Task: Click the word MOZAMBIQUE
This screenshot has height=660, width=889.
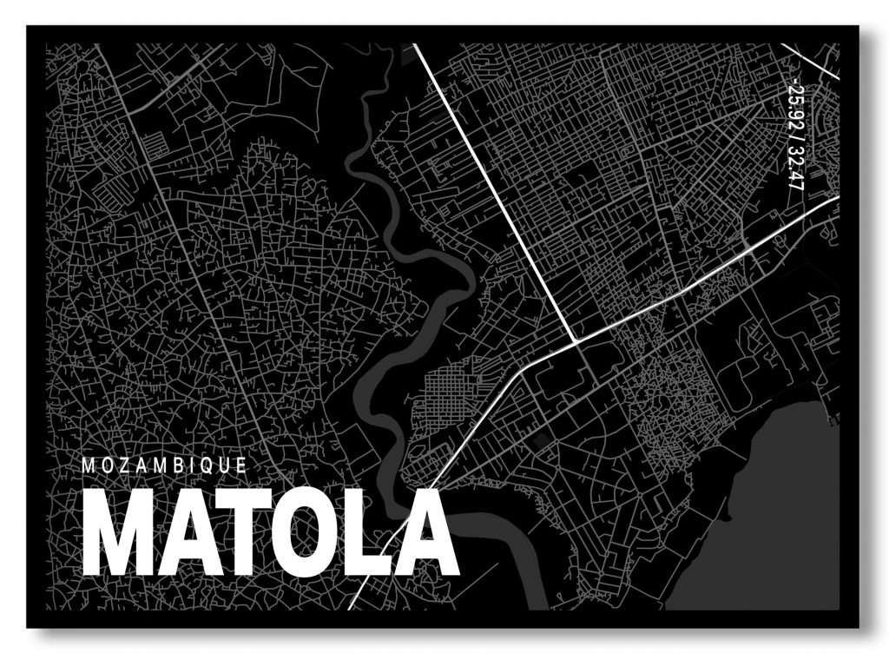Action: (x=164, y=465)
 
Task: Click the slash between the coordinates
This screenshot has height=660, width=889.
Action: (x=792, y=141)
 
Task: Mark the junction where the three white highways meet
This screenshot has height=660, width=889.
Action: (x=576, y=340)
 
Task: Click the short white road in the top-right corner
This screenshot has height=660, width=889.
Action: (x=812, y=61)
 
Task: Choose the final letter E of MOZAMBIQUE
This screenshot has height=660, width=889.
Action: (x=242, y=465)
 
